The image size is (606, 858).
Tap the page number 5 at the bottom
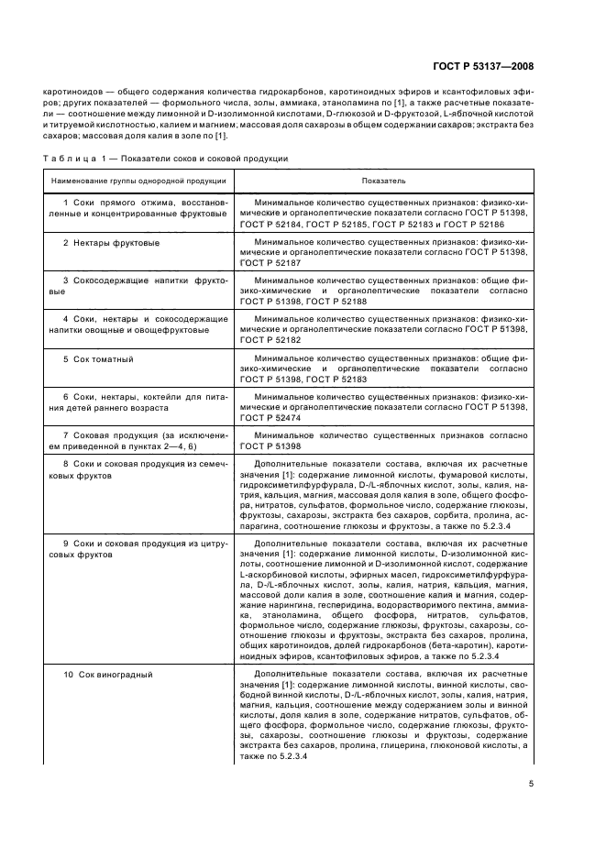click(530, 783)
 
